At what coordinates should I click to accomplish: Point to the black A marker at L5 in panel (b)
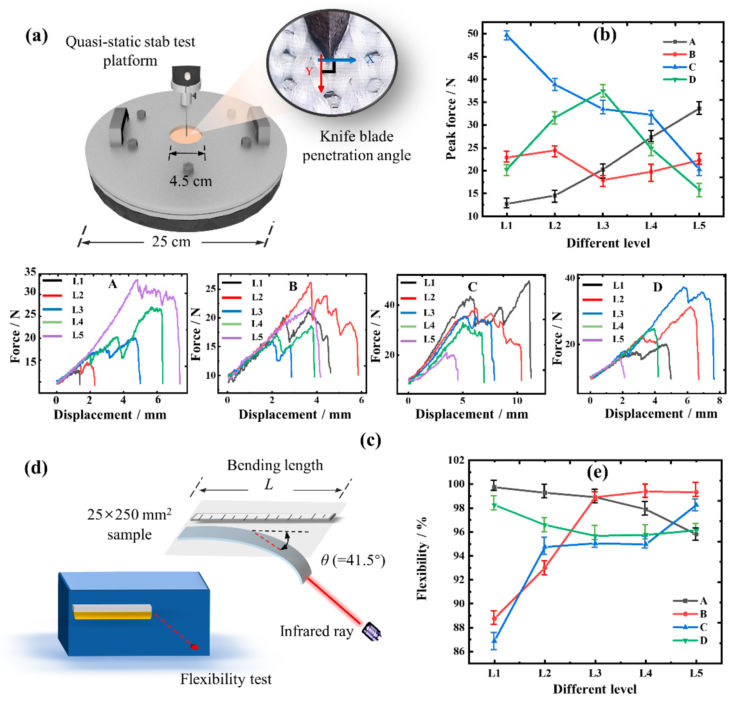click(699, 109)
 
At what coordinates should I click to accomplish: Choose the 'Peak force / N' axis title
click(451, 119)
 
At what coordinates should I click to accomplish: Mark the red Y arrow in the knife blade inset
click(321, 75)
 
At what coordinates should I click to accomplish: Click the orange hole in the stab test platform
click(186, 135)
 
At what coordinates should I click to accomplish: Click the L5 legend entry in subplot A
click(64, 335)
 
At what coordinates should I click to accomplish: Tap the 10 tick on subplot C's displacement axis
click(517, 401)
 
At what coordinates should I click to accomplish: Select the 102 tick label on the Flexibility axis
click(456, 460)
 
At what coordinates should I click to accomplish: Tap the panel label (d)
click(36, 468)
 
